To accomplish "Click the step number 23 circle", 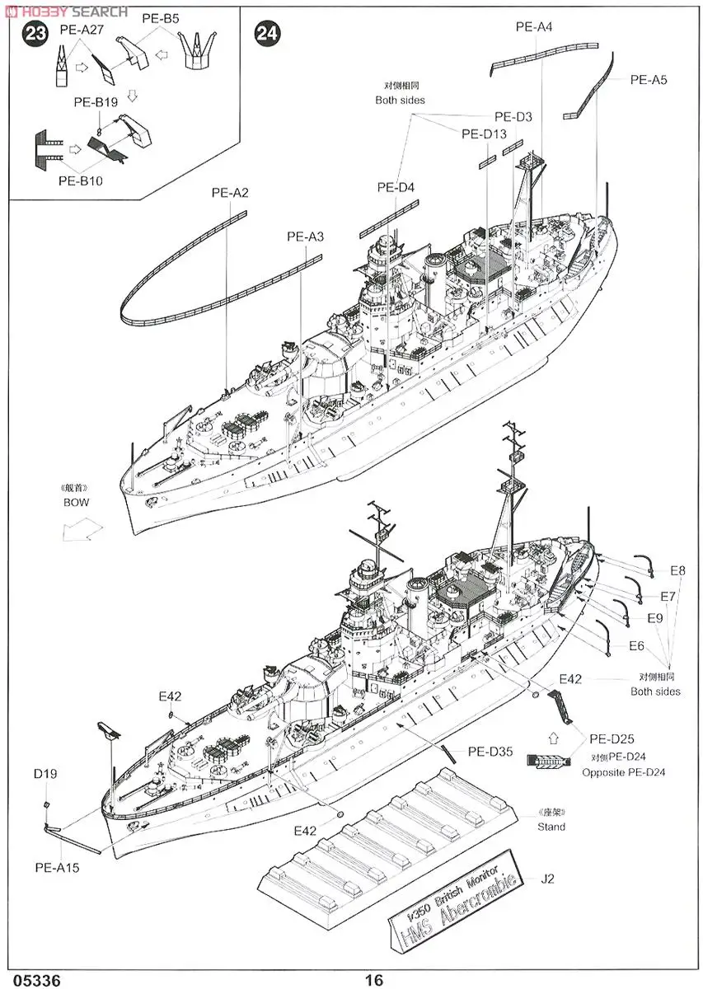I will pyautogui.click(x=35, y=34).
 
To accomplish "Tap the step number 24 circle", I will pyautogui.click(x=268, y=34).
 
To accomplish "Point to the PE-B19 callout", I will pyautogui.click(x=96, y=103).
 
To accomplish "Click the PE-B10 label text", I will pyautogui.click(x=80, y=180).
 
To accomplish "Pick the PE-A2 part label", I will pyautogui.click(x=230, y=194).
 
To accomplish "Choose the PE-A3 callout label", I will pyautogui.click(x=305, y=237).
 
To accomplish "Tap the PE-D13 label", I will pyautogui.click(x=484, y=134).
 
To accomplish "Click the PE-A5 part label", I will pyautogui.click(x=649, y=80).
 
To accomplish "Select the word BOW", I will pyautogui.click(x=76, y=502).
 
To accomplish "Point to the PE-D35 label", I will pyautogui.click(x=490, y=751).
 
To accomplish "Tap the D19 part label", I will pyautogui.click(x=45, y=774).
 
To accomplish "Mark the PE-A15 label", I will pyautogui.click(x=57, y=867).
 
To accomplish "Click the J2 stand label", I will pyautogui.click(x=548, y=879).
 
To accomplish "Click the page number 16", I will pyautogui.click(x=374, y=980).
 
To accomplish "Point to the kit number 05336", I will pyautogui.click(x=30, y=980).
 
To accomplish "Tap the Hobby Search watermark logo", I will pyautogui.click(x=66, y=11).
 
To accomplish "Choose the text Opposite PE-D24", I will pyautogui.click(x=623, y=772).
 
